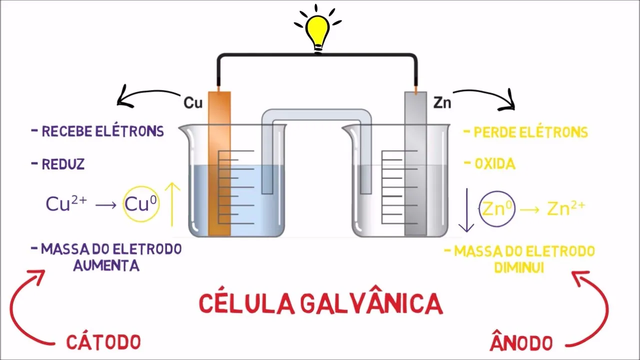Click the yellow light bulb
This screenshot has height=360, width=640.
tap(318, 30)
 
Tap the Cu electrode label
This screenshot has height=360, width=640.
tap(193, 103)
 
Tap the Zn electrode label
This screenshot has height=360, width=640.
tap(442, 103)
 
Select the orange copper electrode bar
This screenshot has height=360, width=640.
tap(219, 165)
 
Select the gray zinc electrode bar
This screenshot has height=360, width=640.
tap(415, 165)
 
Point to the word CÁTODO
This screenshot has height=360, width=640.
tap(103, 342)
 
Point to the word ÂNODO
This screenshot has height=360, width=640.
tap(521, 343)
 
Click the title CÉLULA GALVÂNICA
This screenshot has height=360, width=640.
tap(320, 303)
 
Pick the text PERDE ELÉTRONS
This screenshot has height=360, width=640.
tap(530, 132)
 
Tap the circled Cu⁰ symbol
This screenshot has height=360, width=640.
tap(141, 204)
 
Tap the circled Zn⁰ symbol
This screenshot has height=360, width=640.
tap(497, 208)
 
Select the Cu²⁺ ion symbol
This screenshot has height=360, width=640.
tap(66, 204)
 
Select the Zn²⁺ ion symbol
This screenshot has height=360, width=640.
tap(565, 208)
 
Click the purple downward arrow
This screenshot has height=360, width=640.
tap(466, 210)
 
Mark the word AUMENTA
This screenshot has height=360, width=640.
tap(106, 265)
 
